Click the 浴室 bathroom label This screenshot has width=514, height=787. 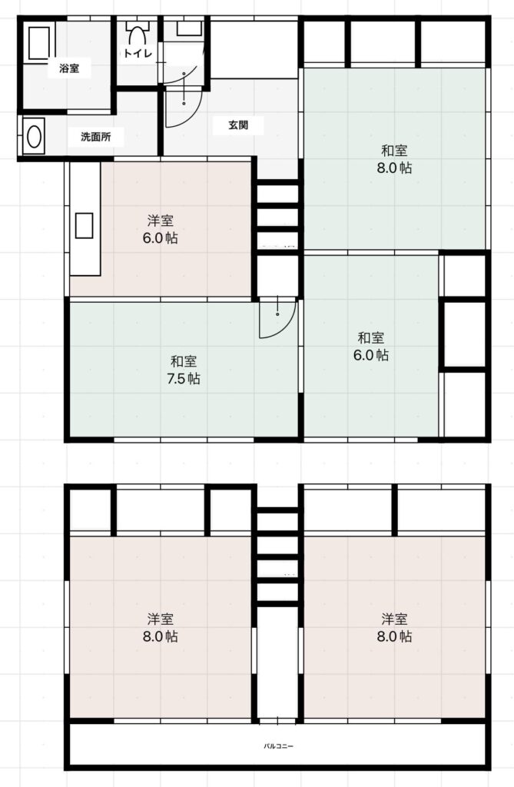click(x=69, y=68)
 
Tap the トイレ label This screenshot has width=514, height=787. click(x=138, y=53)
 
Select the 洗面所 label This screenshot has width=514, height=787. click(x=96, y=137)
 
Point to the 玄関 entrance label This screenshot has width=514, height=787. click(x=238, y=125)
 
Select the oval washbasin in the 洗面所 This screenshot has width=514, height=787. click(x=34, y=137)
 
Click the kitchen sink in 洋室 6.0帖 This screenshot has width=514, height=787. click(x=85, y=225)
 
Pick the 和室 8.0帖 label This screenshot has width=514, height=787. click(x=395, y=159)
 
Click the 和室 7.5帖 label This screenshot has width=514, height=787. click(x=184, y=370)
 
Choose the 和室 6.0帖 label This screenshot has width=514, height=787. click(x=371, y=347)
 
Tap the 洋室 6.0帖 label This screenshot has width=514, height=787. click(x=161, y=229)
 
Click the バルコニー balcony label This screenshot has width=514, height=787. click(x=279, y=746)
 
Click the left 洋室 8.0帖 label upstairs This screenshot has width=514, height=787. click(x=161, y=627)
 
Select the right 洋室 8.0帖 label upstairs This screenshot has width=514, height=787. click(x=395, y=627)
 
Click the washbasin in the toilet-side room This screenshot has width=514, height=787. click(x=189, y=28)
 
